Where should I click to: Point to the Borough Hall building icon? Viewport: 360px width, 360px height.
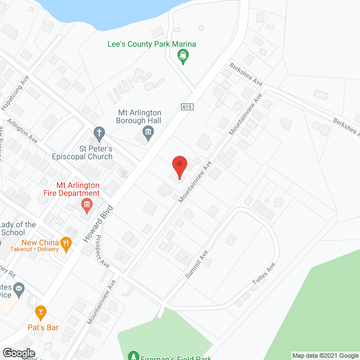tap(148, 133)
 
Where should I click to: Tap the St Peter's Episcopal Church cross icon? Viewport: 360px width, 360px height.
tap(99, 134)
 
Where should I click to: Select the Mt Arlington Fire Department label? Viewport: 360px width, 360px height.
tap(78, 189)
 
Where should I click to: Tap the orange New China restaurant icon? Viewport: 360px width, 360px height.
tap(66, 244)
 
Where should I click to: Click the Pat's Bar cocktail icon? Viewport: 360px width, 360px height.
tap(40, 311)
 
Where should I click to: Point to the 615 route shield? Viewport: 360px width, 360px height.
tap(186, 107)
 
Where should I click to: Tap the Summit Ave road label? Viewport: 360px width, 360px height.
tap(196, 265)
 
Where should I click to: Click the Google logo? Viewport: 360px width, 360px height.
tap(19, 353)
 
